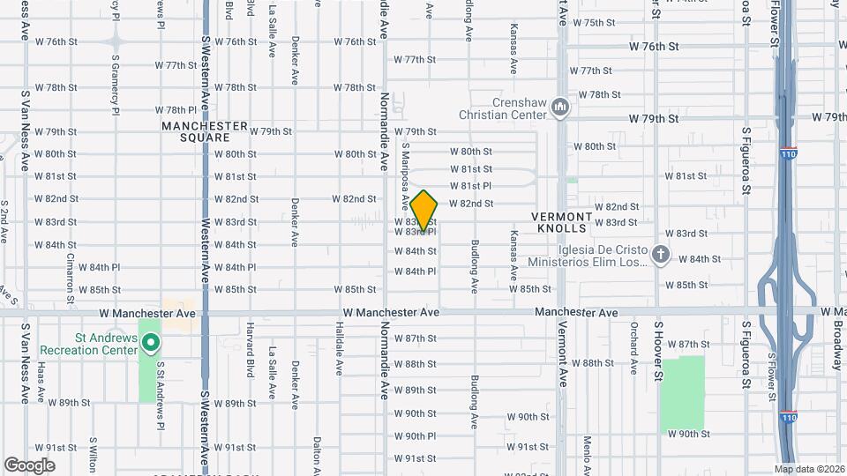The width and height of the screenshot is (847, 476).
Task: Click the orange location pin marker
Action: pos(424,211)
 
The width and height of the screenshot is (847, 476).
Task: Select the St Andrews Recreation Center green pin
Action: pos(151,342)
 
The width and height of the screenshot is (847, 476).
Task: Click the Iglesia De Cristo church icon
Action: pos(661,256)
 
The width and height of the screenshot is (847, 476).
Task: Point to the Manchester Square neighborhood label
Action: pos(205,131)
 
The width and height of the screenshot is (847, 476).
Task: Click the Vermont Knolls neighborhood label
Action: pos(561,222)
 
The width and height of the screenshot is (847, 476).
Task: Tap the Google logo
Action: pos(29,465)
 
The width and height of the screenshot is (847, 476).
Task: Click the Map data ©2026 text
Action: pos(808,468)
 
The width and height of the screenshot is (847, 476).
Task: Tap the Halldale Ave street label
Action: pos(339,345)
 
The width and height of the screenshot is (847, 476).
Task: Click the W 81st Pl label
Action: pos(470,186)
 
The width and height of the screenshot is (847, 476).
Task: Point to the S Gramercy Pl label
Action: pos(116,86)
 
